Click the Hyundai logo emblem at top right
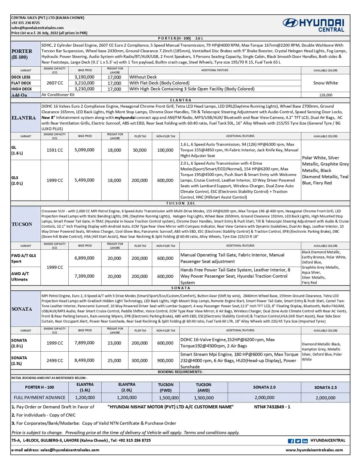(x=290, y=23)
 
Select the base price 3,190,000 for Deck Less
(x=84, y=77)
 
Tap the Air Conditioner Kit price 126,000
(x=326, y=95)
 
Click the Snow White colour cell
(x=325, y=83)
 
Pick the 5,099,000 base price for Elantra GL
(x=84, y=150)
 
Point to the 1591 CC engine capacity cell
(x=55, y=150)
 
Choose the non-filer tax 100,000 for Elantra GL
(x=165, y=150)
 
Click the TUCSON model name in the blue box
(x=22, y=224)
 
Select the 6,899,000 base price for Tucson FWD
(x=84, y=258)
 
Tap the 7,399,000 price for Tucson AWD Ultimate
(x=84, y=276)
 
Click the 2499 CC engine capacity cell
(x=55, y=361)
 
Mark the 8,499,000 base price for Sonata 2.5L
(x=84, y=360)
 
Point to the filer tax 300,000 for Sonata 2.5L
(x=139, y=361)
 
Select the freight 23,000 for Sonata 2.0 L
(x=114, y=343)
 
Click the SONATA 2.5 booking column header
(x=326, y=387)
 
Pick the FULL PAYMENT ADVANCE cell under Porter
(x=40, y=398)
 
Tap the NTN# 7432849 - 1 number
(x=272, y=407)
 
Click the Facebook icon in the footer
(x=291, y=441)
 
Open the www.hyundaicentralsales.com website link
(x=314, y=450)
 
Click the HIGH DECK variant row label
(x=21, y=89)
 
